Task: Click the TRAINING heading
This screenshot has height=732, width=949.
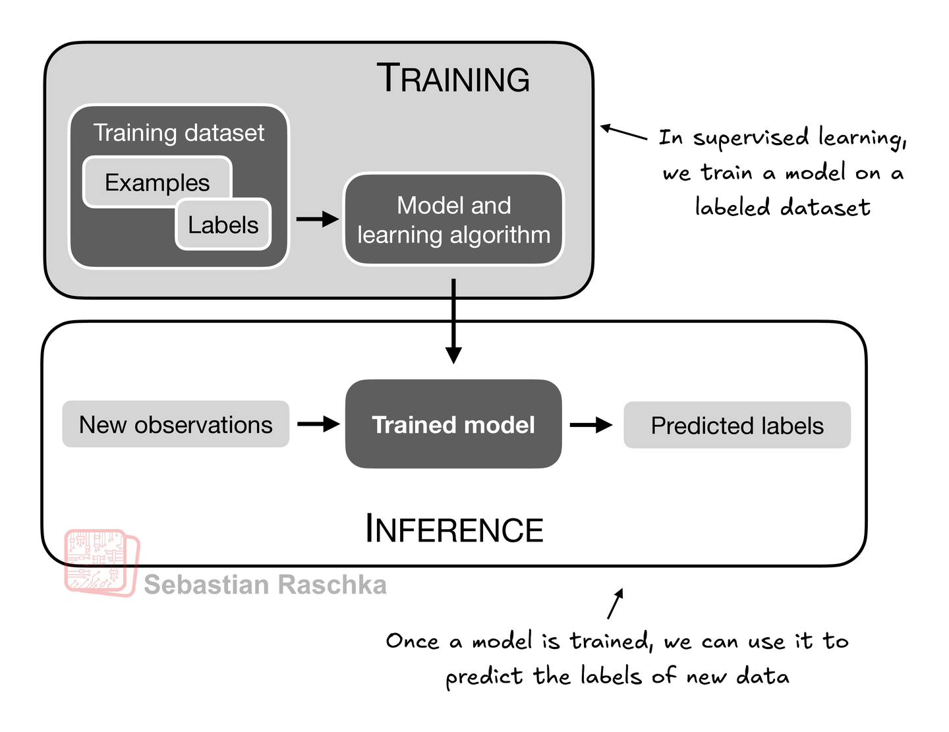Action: click(x=453, y=78)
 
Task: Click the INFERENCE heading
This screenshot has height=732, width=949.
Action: click(x=454, y=528)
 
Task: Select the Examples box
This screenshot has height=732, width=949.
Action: click(x=157, y=181)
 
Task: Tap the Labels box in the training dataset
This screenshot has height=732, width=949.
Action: click(x=223, y=225)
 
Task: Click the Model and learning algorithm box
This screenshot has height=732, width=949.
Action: click(x=454, y=219)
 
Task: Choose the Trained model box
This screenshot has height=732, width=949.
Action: click(x=453, y=424)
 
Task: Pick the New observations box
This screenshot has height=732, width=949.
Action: click(x=175, y=424)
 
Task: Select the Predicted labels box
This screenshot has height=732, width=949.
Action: click(x=737, y=425)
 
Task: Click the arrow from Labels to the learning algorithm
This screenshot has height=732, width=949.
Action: click(x=318, y=219)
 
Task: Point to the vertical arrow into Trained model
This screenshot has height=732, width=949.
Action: click(x=453, y=321)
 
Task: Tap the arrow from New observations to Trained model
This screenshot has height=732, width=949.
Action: click(x=318, y=424)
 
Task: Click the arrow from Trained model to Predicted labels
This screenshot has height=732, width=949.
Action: click(x=591, y=425)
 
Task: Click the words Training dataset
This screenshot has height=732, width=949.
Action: click(x=179, y=132)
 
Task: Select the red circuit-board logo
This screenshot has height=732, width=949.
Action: click(x=102, y=563)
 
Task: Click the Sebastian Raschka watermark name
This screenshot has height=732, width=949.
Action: click(x=265, y=584)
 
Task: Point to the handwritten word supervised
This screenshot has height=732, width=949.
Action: click(x=751, y=139)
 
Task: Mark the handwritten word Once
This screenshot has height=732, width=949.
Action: click(x=413, y=641)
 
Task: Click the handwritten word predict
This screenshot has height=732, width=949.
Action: click(x=484, y=677)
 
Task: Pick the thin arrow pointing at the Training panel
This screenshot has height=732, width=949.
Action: click(x=623, y=132)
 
